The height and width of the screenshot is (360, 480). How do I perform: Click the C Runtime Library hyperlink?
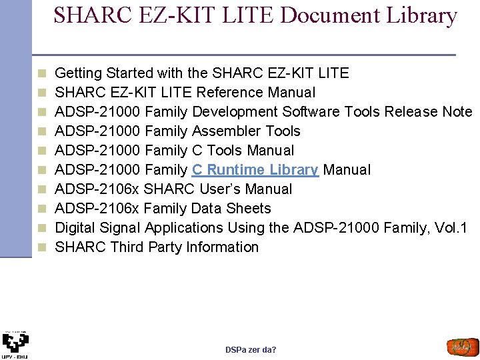255,169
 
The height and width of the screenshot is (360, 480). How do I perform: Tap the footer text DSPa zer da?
251,350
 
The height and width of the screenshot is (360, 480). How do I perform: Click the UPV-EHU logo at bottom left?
15,344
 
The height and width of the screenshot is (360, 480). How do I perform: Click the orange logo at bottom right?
462,347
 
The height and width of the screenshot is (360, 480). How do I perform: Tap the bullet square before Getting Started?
41,73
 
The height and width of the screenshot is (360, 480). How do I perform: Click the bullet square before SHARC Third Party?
41,247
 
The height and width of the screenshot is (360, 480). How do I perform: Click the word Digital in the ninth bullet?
75,227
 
